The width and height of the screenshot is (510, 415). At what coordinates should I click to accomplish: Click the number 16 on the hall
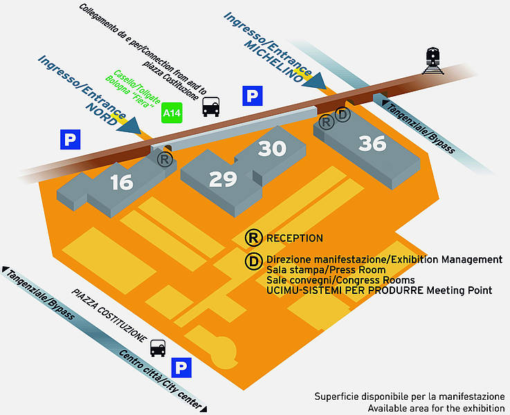122,182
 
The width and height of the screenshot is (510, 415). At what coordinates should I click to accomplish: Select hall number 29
223,178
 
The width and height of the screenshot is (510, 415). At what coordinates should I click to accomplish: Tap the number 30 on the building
272,148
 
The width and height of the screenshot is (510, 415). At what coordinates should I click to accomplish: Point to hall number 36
372,143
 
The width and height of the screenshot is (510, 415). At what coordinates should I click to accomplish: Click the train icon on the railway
433,61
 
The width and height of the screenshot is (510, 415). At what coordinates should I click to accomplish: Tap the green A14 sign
172,113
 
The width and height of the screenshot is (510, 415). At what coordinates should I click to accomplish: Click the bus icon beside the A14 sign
211,107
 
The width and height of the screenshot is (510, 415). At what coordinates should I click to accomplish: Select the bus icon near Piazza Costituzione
158,348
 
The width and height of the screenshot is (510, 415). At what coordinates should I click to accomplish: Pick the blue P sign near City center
181,368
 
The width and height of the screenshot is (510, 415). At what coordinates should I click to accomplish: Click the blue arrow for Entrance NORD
130,126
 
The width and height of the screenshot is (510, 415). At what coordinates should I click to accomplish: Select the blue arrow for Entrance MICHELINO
315,81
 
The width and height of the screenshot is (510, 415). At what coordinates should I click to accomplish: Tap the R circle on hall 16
165,159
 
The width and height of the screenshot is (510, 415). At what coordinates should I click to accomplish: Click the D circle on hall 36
343,114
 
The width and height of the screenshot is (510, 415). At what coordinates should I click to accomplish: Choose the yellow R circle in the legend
253,237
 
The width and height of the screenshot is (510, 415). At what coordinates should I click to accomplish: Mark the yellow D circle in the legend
253,261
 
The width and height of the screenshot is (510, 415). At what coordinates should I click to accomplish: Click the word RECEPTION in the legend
295,238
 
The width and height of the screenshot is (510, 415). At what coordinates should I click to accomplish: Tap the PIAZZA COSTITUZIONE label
109,315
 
